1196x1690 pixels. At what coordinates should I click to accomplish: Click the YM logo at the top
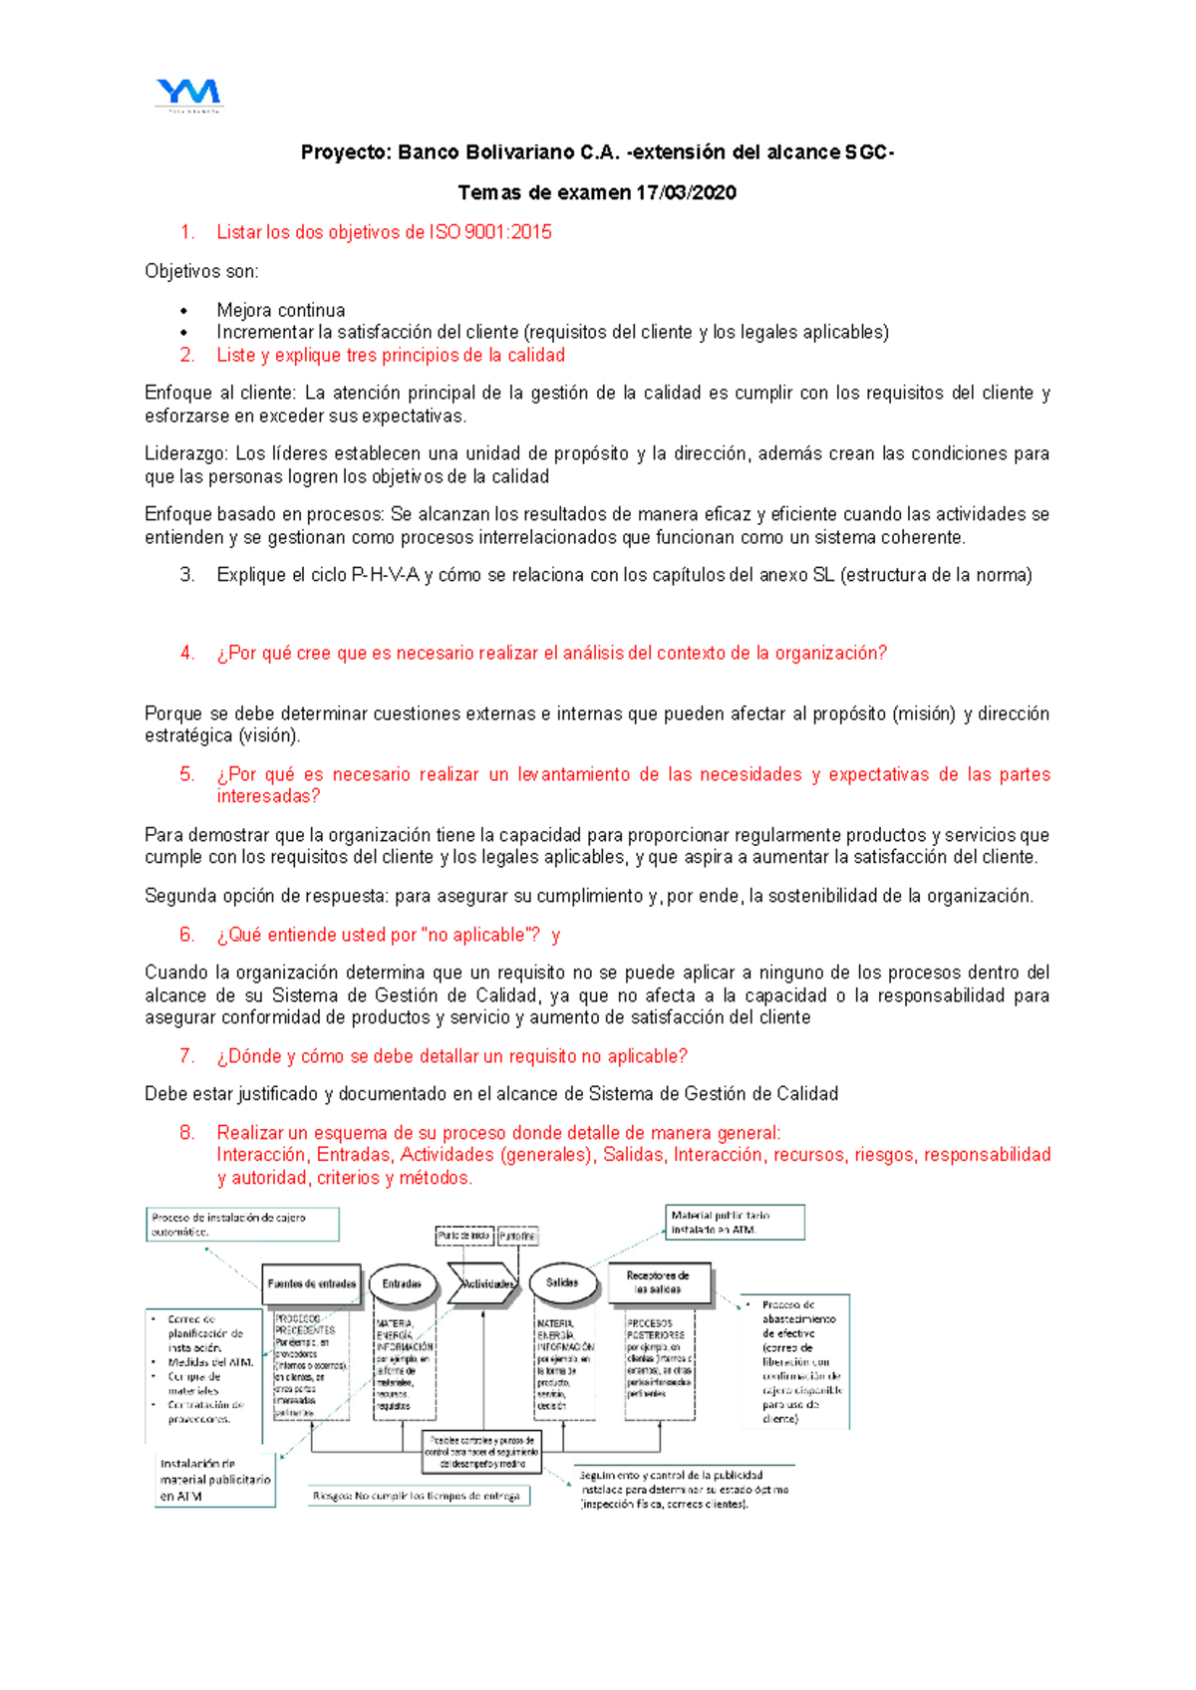coord(188,94)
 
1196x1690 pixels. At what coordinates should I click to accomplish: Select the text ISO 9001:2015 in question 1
coord(490,232)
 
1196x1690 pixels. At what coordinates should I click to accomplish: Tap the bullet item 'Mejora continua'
coord(281,310)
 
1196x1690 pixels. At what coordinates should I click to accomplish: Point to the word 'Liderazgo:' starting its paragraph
coord(185,453)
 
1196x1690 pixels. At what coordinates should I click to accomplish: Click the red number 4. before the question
coord(187,653)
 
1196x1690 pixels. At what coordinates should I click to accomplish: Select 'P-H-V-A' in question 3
coord(386,575)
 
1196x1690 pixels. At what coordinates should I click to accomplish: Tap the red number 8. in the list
coord(187,1133)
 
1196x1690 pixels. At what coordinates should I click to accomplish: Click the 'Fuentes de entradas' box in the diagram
coord(312,1283)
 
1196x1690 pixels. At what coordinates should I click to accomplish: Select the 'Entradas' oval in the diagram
coord(402,1283)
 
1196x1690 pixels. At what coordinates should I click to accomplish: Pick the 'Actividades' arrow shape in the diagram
coord(483,1283)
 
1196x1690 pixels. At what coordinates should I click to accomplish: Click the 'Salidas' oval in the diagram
coord(562,1282)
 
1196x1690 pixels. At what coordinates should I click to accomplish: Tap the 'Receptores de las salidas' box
coord(657,1282)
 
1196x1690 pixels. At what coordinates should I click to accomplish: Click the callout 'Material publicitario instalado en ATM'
coord(735,1222)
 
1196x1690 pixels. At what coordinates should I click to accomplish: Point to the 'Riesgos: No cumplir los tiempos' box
coord(419,1496)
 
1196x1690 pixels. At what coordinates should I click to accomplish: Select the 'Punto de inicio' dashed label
coord(463,1236)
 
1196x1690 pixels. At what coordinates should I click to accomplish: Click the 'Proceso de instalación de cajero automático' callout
coord(242,1224)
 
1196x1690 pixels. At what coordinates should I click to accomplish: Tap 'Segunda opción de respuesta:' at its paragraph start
coord(266,896)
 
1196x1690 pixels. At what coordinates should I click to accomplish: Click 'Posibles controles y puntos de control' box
coord(482,1452)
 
